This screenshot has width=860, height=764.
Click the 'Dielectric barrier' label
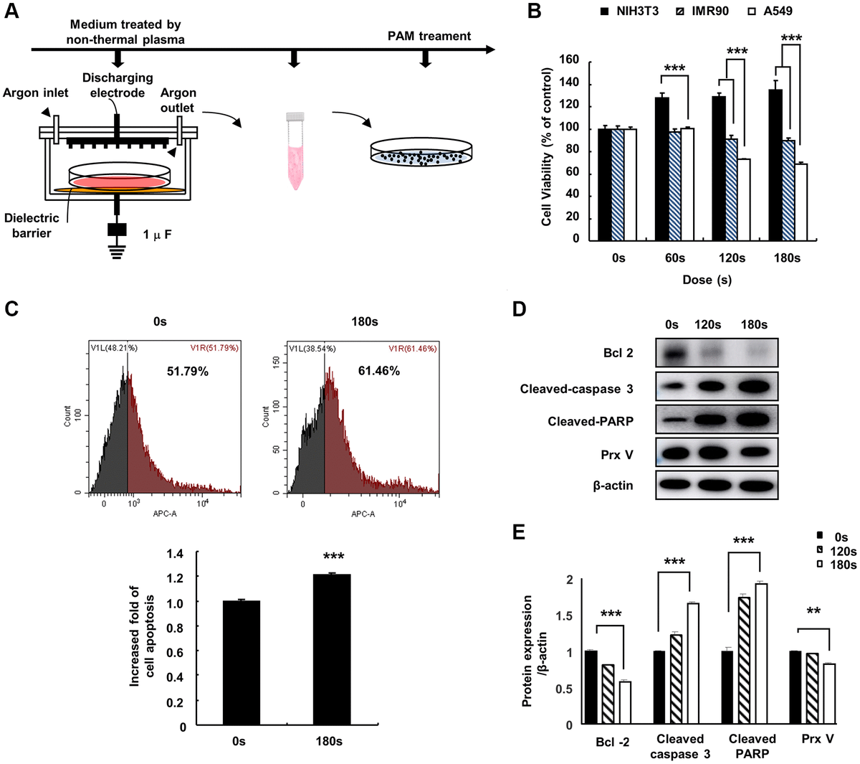click(31, 225)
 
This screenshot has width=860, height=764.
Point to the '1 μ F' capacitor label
click(157, 235)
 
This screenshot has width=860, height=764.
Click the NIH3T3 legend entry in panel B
click(629, 11)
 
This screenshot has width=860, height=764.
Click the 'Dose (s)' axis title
click(707, 280)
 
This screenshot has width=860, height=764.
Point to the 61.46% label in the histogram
click(379, 371)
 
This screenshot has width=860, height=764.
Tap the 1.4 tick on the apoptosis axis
click(176, 554)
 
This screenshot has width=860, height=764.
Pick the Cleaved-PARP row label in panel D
click(591, 421)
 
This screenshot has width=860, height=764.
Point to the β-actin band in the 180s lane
click(754, 486)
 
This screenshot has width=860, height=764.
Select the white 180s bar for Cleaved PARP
click(761, 654)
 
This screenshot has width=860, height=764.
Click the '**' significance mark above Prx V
click(813, 612)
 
